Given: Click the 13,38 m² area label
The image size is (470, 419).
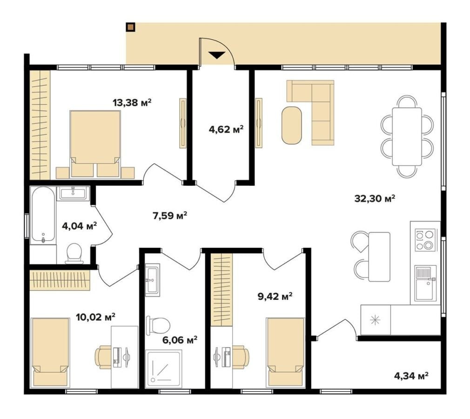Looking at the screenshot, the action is click(x=132, y=103).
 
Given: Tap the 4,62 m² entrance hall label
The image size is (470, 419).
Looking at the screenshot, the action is click(x=226, y=129).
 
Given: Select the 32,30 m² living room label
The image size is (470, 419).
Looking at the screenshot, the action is click(x=375, y=198).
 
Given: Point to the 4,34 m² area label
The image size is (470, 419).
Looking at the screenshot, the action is click(x=410, y=376).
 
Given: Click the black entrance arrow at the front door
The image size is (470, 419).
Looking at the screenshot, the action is click(x=217, y=55).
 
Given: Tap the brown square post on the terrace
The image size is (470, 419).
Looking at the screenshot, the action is click(x=130, y=27).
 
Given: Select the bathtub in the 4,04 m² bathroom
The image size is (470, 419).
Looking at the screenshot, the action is click(x=43, y=215).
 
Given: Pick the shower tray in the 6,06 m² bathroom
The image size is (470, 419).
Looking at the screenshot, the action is click(x=163, y=368).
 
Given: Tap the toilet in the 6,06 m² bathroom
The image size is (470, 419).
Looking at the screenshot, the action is click(x=158, y=325).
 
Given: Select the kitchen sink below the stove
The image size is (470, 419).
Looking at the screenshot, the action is click(x=425, y=284).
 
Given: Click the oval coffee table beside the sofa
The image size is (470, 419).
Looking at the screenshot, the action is click(x=291, y=125).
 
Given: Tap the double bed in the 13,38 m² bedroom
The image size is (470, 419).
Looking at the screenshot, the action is click(x=95, y=144).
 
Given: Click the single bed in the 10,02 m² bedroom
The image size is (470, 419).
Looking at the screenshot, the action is click(x=50, y=352).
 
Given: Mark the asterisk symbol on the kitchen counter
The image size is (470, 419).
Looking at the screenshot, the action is click(x=375, y=320).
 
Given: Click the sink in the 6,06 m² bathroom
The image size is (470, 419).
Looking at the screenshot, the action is click(x=153, y=279).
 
